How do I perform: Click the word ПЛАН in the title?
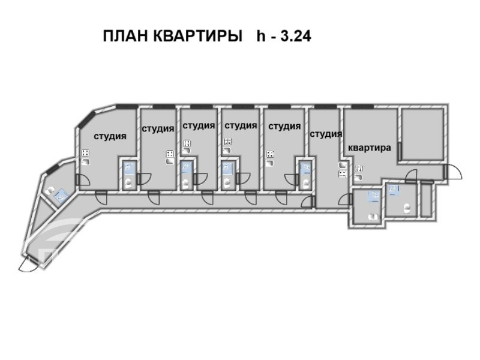pos(125,36)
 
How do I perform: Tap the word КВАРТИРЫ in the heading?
pos(197,36)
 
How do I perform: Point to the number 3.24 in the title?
pos(296,36)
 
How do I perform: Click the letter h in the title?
pos(261,36)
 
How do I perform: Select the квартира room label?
pos(370,148)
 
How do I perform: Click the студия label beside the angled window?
pos(110,136)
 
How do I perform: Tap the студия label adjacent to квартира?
pos(326,134)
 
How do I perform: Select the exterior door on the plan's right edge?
pos(453,172)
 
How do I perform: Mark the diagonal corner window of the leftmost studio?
pos(87,119)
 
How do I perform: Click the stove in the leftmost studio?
pos(85,153)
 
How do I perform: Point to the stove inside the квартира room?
pos(359,169)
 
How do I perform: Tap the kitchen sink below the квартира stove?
pos(358,177)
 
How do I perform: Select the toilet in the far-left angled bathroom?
pos(49,191)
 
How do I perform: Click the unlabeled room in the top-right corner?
pos(422,134)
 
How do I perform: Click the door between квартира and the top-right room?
pos(400,151)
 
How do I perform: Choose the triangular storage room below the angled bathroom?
pos(42,214)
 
